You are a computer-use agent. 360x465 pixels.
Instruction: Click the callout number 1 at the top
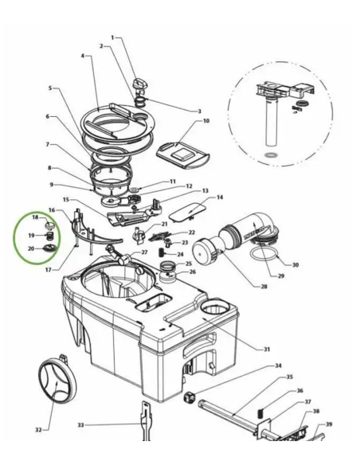(112, 37)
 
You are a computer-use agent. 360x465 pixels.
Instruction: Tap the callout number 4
(82, 56)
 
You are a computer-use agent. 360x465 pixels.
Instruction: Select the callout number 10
(206, 121)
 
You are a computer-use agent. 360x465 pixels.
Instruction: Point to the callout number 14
(220, 197)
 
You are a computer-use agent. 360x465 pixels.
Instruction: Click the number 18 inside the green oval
(34, 217)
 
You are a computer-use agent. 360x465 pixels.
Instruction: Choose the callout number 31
(267, 349)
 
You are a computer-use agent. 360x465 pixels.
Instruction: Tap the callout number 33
(80, 425)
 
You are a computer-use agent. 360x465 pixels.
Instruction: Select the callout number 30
(295, 265)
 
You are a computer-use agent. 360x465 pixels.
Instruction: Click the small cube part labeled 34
(190, 397)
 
